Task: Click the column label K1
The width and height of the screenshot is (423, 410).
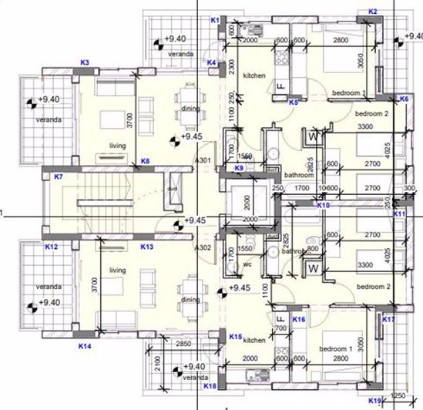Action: point(215,19)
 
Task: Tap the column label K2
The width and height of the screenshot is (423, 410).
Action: point(373,12)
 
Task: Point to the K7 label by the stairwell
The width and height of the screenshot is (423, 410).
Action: point(58,176)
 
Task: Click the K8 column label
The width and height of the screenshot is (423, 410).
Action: point(145,160)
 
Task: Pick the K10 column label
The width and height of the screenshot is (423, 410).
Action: point(324,206)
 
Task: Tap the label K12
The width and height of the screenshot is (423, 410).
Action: point(52,247)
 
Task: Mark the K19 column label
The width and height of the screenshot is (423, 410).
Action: point(375,400)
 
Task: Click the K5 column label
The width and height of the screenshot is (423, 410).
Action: point(294,102)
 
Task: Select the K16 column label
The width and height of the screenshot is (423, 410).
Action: point(300,318)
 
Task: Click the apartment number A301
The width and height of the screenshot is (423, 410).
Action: point(203,161)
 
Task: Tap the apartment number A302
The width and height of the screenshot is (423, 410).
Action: point(203,248)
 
